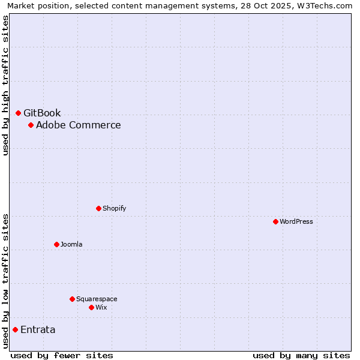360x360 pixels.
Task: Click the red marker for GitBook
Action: click(18, 113)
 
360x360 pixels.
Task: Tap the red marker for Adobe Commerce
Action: click(31, 125)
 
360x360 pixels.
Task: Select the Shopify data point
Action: click(98, 208)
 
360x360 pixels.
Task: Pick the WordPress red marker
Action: click(275, 221)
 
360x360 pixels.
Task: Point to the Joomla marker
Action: click(56, 244)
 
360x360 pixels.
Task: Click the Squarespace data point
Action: click(72, 299)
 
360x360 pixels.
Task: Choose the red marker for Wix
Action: click(91, 307)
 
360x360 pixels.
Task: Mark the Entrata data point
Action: click(15, 329)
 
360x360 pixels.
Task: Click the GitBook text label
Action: click(42, 113)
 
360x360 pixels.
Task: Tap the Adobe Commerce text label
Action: click(78, 125)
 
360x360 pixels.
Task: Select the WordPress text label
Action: click(296, 221)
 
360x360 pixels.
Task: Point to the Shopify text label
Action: click(114, 208)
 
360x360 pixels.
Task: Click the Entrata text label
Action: click(38, 329)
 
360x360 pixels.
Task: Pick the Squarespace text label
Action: click(97, 299)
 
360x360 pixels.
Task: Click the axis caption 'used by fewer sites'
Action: click(62, 355)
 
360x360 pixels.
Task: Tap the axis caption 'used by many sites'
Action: click(301, 355)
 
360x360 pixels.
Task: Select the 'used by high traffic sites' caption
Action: click(5, 85)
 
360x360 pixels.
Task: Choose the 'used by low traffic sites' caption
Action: click(5, 281)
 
